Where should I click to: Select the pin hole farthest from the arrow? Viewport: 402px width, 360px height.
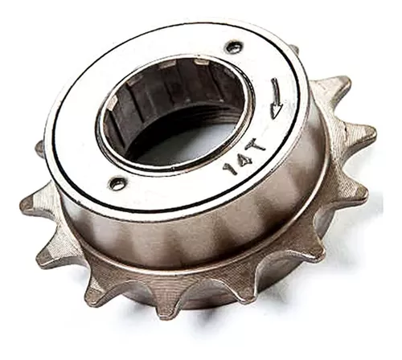click(117, 182)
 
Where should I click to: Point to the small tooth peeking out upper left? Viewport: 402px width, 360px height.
click(39, 149)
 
